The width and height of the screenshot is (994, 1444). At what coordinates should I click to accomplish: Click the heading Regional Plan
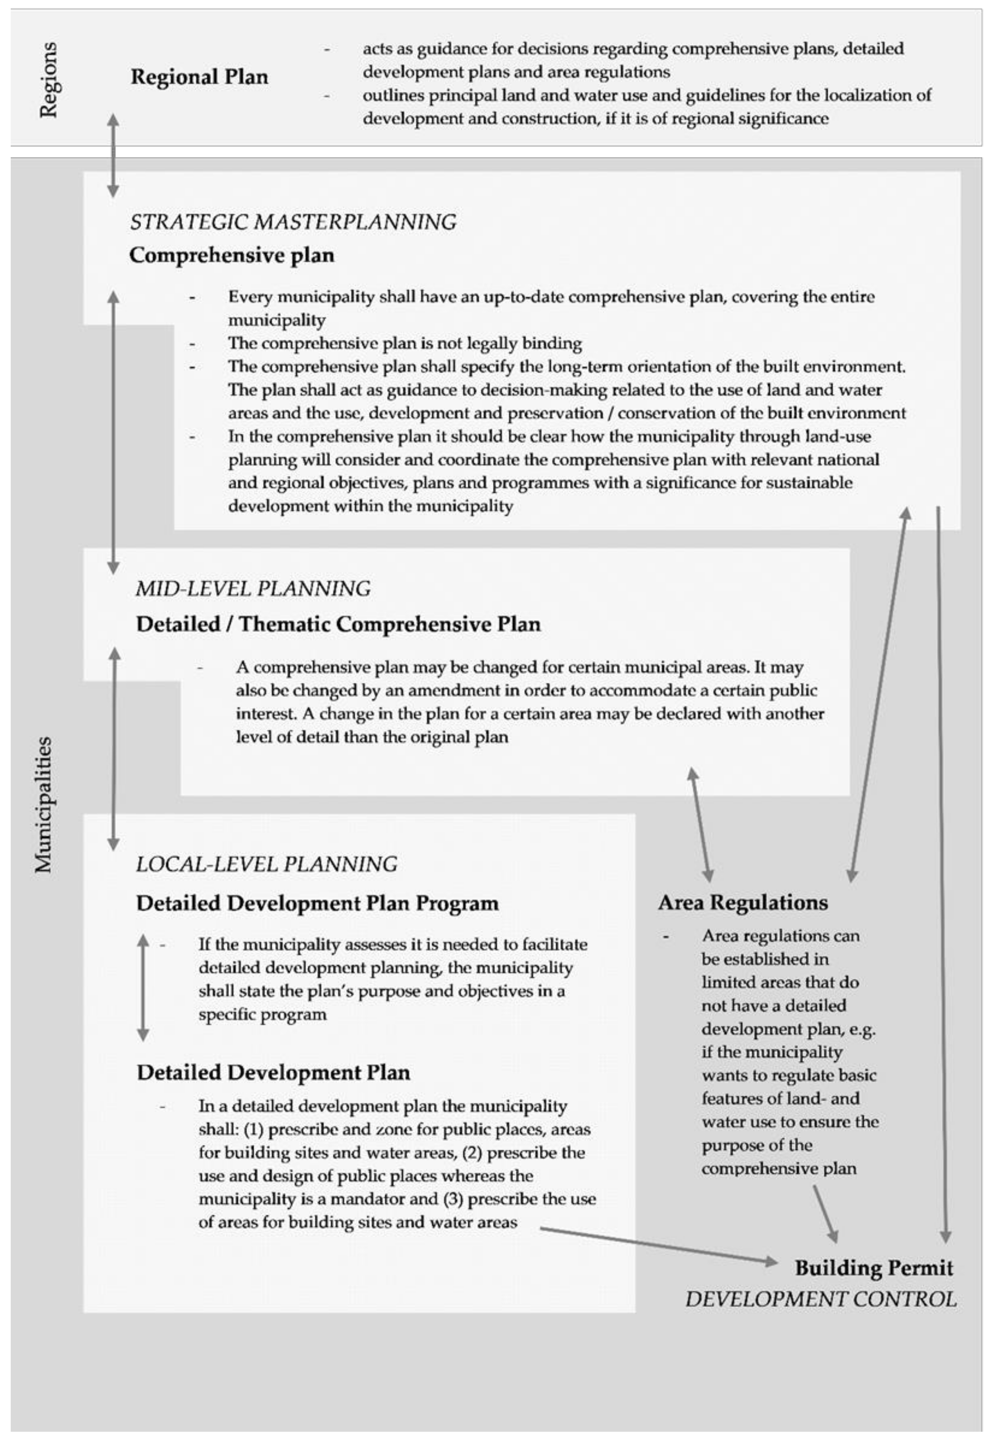199,77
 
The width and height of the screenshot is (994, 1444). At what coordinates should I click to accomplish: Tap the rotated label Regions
48,80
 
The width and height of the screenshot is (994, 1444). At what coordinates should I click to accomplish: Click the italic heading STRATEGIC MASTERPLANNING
293,222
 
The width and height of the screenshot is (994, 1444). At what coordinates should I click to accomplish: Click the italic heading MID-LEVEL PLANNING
253,588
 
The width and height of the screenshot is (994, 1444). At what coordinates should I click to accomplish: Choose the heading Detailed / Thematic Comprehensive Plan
338,624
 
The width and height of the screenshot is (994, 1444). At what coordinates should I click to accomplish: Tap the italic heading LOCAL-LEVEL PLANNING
267,864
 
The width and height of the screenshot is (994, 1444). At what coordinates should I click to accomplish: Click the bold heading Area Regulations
743,902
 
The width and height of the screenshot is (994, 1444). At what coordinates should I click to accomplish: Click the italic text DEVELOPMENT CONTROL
821,1299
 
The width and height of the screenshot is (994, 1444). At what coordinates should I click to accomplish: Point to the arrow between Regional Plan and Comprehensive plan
113,156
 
